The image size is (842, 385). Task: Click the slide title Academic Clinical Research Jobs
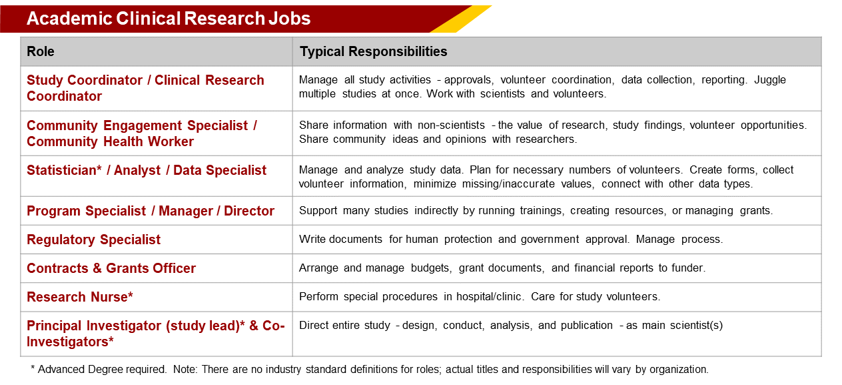169,19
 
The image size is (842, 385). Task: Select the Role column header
41,51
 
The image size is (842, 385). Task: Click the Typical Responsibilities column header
373,51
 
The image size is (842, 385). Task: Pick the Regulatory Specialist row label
94,240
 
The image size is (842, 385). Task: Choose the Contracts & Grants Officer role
111,268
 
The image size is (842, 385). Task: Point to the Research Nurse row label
80,296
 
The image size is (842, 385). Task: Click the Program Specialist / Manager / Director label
151,211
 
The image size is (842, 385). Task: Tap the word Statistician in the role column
62,170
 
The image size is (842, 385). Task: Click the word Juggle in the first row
770,80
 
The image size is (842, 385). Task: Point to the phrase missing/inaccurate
508,183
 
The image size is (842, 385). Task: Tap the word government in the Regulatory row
550,240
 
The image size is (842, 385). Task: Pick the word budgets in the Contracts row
431,268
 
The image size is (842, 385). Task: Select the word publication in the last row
587,325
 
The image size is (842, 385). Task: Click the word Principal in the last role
54,326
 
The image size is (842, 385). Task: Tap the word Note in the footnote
185,369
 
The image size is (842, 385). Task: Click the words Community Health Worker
110,141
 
